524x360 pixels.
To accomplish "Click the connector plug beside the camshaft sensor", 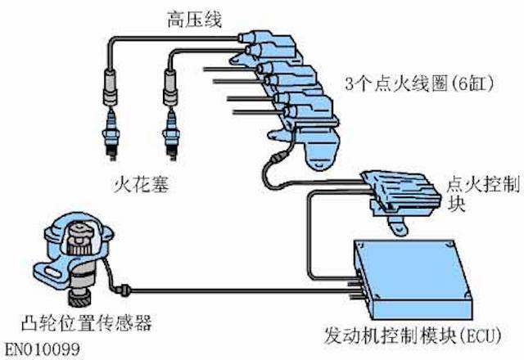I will click(123, 287).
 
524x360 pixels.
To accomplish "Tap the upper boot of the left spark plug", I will click(108, 83).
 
